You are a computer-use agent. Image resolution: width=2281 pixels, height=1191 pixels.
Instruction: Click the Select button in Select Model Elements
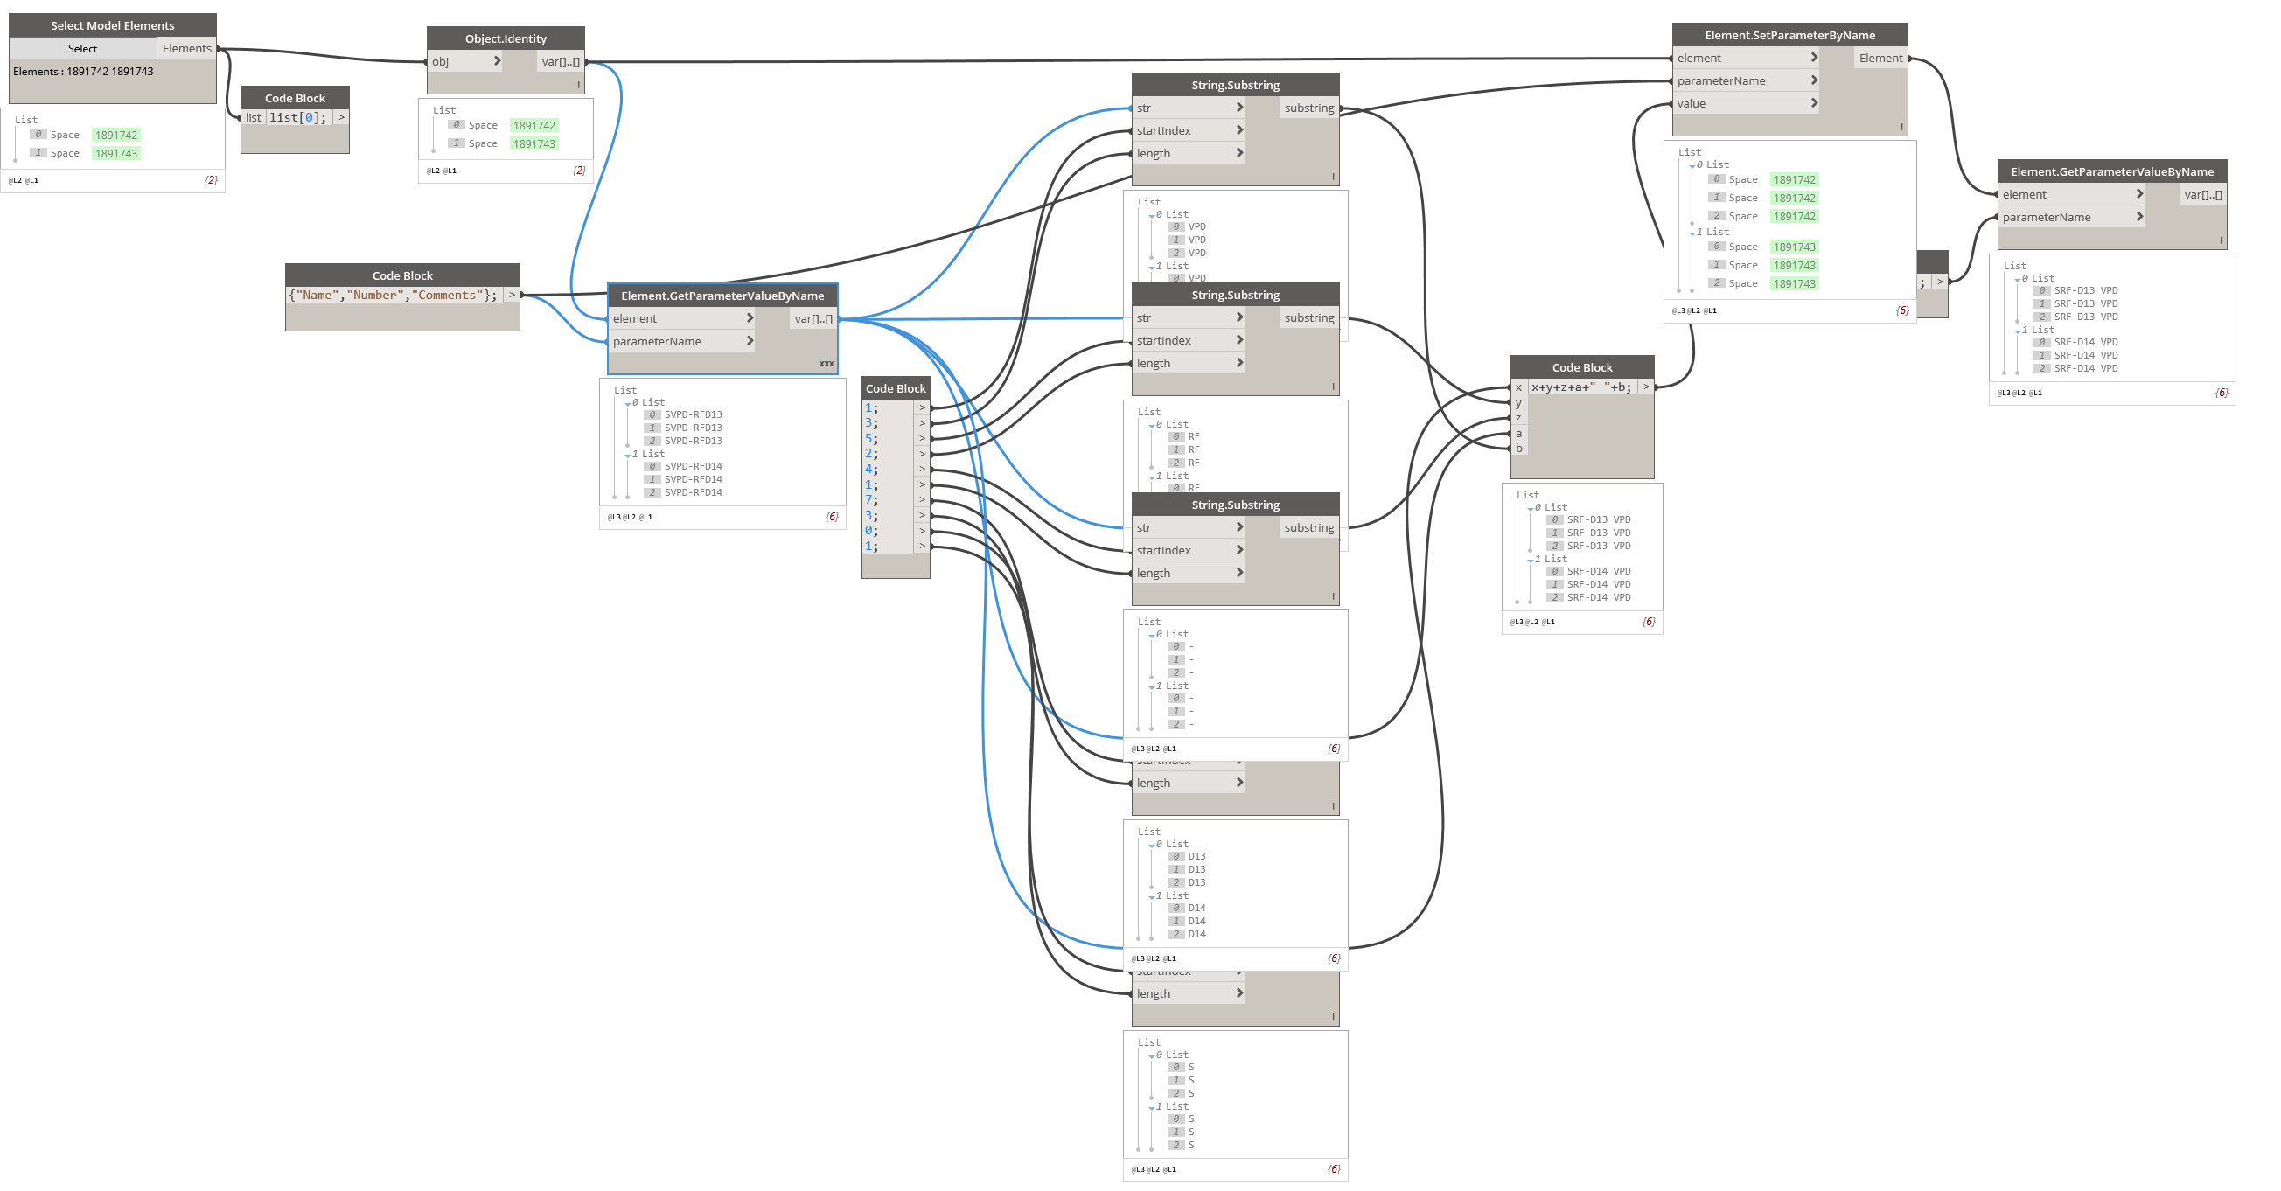pos(82,49)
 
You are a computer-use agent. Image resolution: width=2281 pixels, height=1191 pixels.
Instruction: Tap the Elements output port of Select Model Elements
pos(187,49)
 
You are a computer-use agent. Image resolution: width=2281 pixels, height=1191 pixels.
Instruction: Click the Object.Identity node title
pos(506,39)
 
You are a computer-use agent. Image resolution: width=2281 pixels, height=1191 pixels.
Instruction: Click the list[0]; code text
pos(298,118)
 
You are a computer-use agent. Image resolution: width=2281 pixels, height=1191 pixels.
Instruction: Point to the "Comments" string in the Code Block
pos(448,296)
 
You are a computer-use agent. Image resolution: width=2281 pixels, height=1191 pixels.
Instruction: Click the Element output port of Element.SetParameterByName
pos(1880,59)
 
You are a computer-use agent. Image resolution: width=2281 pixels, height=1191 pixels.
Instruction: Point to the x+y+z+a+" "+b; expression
pos(1581,387)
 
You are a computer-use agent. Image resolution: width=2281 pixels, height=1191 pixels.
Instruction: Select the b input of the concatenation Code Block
pos(1518,448)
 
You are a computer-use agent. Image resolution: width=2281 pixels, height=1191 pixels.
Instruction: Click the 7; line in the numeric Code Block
pos(872,500)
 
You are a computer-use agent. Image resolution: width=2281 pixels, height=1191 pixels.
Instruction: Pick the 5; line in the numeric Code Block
pos(872,438)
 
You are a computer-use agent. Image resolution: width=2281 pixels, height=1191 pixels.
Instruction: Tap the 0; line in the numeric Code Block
pos(872,531)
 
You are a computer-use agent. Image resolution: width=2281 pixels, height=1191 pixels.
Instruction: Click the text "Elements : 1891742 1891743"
pos(83,72)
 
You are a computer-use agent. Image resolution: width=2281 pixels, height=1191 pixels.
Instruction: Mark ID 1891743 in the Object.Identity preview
pos(534,144)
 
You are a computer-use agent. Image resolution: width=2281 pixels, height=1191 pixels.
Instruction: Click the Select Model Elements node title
pos(113,25)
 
